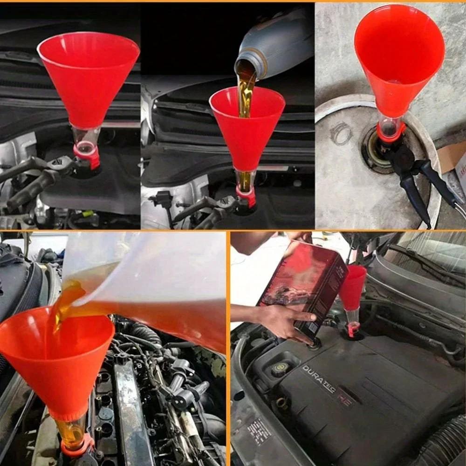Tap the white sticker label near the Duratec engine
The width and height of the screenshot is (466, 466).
coord(259,431)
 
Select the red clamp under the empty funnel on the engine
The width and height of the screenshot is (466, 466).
coord(87,155)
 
